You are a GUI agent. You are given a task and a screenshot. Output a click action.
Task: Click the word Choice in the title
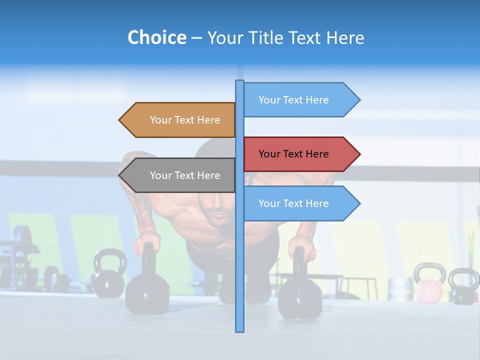156,37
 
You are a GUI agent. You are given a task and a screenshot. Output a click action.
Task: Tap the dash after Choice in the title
196,38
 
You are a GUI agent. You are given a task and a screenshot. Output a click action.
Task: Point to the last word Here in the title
345,37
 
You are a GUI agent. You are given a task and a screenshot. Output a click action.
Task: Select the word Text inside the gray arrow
185,175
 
